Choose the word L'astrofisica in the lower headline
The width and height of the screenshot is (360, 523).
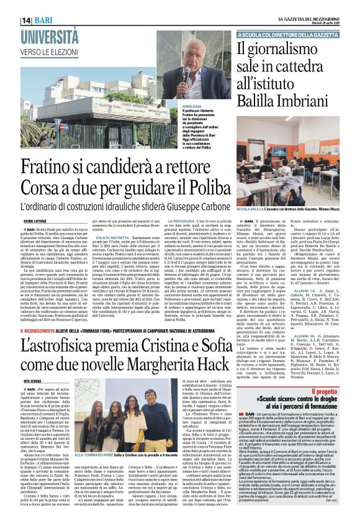(x=62, y=343)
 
